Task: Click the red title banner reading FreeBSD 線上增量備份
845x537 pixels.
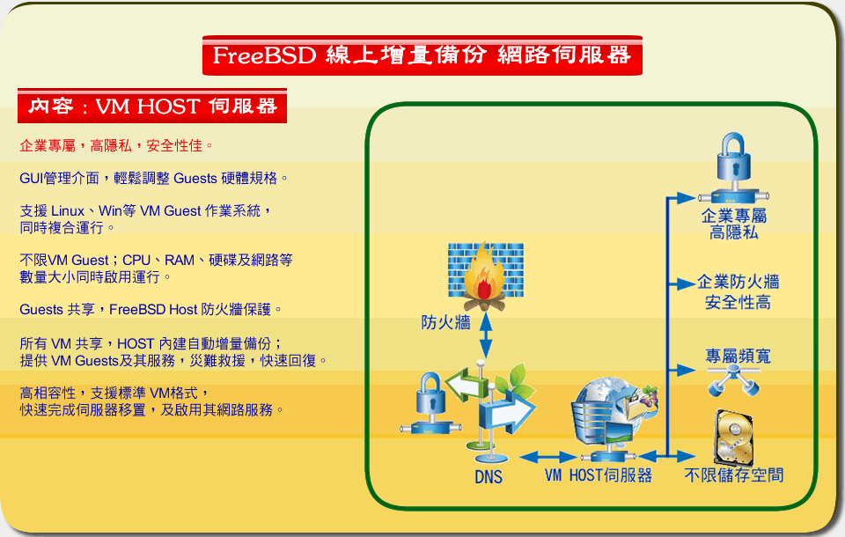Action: point(422,55)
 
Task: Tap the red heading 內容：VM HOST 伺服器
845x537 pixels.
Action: point(152,106)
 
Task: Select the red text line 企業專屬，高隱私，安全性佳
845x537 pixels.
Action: point(116,145)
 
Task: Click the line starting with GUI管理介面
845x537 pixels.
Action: point(153,179)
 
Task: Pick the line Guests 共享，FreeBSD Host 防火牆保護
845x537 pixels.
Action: point(151,310)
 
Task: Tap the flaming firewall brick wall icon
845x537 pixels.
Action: point(486,276)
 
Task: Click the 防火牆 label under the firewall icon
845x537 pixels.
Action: point(445,322)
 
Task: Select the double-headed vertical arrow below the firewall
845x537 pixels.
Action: point(486,335)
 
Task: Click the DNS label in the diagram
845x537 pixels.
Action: point(489,476)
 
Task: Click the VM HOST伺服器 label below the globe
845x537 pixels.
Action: point(599,475)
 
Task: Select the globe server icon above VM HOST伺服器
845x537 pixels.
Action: point(615,417)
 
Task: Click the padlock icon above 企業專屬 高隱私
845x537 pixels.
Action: point(733,167)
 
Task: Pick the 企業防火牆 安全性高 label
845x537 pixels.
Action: point(738,291)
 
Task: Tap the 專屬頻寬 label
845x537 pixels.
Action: point(738,356)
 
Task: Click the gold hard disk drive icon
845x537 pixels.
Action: point(733,438)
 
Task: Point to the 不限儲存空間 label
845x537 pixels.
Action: point(733,475)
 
